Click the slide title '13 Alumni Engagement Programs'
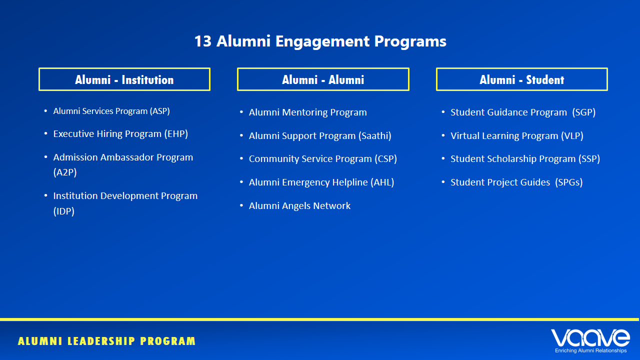320,41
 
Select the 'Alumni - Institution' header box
124,79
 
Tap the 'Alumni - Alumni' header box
323,79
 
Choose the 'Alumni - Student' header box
521,79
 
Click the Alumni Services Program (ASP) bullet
111,111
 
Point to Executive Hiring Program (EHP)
120,134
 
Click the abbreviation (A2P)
65,172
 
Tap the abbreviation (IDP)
64,211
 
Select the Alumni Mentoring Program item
307,112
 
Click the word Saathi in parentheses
375,136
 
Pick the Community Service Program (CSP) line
322,159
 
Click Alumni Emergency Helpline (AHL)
321,182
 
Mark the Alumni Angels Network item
299,206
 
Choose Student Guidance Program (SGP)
523,112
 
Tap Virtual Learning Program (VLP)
516,136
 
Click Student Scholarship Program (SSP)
525,159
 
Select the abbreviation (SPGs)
569,182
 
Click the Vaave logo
590,338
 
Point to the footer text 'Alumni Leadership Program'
106,341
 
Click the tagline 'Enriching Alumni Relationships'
590,351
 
